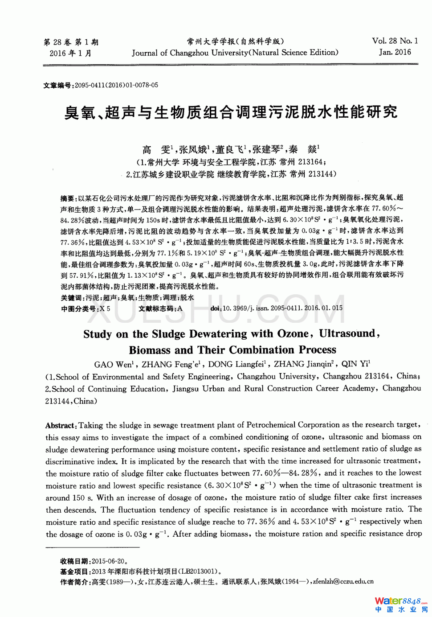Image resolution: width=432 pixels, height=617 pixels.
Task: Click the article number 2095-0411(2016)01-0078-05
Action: pyautogui.click(x=116, y=85)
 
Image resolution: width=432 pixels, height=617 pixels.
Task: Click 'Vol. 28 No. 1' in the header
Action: pyautogui.click(x=395, y=41)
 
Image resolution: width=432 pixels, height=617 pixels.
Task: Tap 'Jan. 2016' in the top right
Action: pyautogui.click(x=395, y=52)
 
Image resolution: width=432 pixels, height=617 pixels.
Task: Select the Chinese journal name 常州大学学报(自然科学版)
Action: pyautogui.click(x=235, y=41)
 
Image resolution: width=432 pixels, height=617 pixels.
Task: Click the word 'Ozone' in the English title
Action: pyautogui.click(x=293, y=334)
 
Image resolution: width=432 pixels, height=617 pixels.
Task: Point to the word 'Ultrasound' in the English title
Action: pyautogui.click(x=347, y=334)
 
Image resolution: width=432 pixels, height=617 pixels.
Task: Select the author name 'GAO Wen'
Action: pyautogui.click(x=113, y=365)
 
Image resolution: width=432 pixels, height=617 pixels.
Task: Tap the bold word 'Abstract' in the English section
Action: pyautogui.click(x=61, y=425)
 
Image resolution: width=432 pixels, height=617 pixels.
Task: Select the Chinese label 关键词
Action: pyautogui.click(x=71, y=297)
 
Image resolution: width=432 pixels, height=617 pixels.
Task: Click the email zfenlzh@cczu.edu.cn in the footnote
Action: pyautogui.click(x=343, y=582)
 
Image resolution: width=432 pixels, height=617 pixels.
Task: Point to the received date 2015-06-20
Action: pyautogui.click(x=108, y=561)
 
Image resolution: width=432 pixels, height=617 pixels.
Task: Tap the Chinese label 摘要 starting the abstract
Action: pyautogui.click(x=67, y=198)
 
